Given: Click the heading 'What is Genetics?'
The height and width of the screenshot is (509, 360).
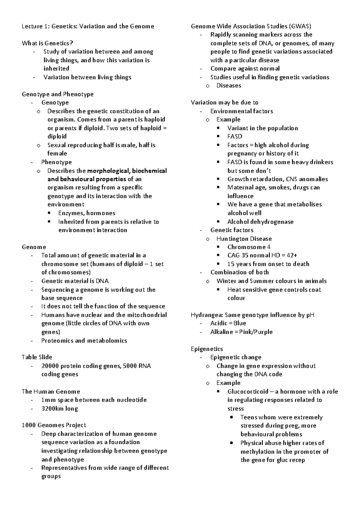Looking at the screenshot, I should click(x=47, y=43).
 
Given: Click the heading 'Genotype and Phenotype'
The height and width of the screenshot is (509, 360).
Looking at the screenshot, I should click(x=58, y=94).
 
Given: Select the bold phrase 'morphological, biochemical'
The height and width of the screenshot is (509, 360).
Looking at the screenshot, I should click(x=127, y=171).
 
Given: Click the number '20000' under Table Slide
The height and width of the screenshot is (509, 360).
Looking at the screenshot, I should click(x=50, y=366).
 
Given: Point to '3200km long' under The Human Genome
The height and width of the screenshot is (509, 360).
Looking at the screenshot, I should click(x=60, y=409).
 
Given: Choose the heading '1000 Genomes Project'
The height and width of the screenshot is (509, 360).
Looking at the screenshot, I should click(x=54, y=425).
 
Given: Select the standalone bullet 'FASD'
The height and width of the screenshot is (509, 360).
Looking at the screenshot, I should click(x=235, y=136).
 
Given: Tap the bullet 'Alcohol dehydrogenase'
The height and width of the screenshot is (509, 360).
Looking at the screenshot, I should click(x=260, y=222).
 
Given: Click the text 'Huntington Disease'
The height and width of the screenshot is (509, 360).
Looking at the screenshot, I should click(x=244, y=239).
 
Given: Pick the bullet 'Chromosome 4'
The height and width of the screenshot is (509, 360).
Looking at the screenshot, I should click(x=249, y=247).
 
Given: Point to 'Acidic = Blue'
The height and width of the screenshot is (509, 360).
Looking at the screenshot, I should click(x=228, y=323).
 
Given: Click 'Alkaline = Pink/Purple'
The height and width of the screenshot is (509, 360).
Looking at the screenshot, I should click(x=241, y=332).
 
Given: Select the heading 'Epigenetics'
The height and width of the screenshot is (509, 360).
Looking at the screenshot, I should click(x=207, y=349).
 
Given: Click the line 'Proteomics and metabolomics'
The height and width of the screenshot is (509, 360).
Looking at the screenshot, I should click(x=84, y=341).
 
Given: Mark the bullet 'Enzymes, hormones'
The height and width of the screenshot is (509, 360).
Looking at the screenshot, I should click(x=87, y=213).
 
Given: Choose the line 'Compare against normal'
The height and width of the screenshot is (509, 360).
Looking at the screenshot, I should click(x=245, y=69).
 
